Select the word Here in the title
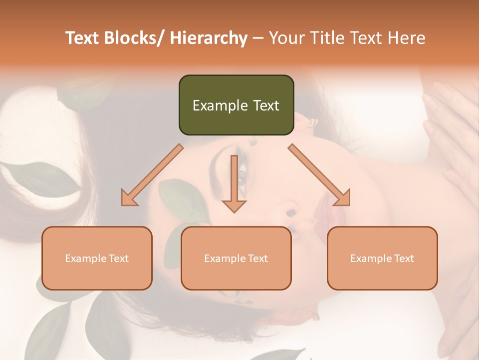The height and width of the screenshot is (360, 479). pos(407,38)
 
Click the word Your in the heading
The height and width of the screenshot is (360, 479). pos(286,38)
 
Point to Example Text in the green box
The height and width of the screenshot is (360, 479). pos(236,105)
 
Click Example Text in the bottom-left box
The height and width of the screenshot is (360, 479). pos(97,258)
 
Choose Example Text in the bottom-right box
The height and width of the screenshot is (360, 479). pos(382,258)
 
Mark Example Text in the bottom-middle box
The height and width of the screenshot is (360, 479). pos(236,258)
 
